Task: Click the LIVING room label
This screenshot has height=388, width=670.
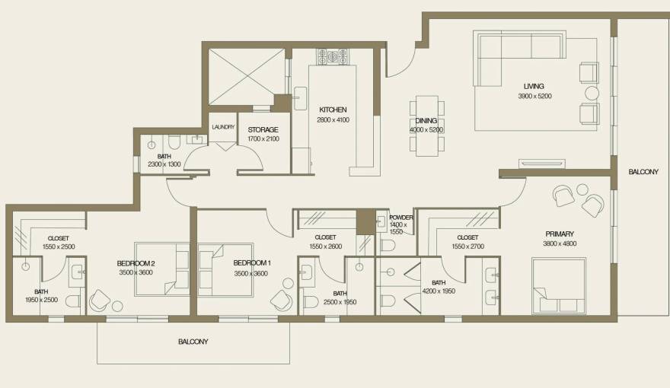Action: (533, 86)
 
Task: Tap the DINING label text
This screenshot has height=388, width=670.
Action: (426, 121)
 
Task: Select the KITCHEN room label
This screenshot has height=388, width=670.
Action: (333, 110)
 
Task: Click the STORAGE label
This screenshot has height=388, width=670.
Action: (263, 129)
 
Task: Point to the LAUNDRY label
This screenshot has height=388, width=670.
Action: (223, 127)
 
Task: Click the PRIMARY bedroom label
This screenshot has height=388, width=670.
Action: (559, 234)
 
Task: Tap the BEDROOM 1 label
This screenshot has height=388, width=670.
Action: (252, 262)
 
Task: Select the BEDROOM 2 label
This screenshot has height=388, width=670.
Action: (136, 262)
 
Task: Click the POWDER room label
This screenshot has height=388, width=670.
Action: (400, 217)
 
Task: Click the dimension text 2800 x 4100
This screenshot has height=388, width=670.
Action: (333, 119)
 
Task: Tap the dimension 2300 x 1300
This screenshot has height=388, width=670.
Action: (164, 164)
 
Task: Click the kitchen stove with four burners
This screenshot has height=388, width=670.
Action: (333, 56)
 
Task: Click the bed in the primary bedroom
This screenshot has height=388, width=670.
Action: (560, 285)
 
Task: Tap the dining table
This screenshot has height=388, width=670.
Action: (426, 125)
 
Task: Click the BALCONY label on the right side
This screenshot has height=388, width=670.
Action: (643, 173)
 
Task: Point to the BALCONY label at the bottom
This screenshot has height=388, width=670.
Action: (193, 342)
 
